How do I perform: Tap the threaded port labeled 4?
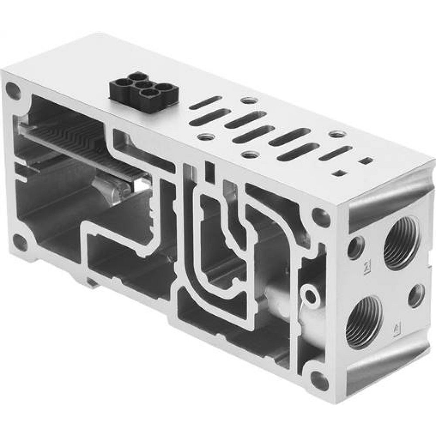[x=364, y=321]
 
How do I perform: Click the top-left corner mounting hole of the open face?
[x=13, y=91]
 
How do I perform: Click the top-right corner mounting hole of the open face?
[x=321, y=216]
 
